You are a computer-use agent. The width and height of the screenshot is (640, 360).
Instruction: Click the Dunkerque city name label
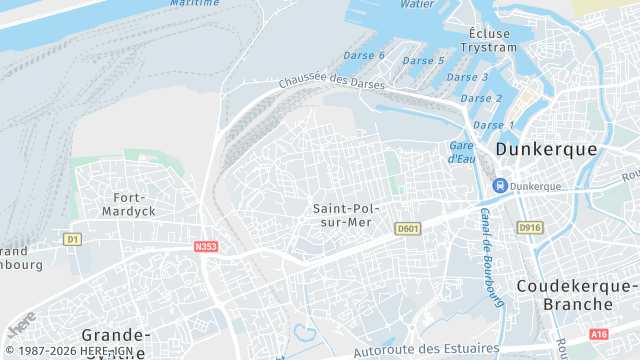click(x=546, y=149)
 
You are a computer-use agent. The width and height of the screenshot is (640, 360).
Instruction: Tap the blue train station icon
click(x=499, y=185)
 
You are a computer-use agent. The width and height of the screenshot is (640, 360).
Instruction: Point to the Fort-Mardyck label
click(x=128, y=204)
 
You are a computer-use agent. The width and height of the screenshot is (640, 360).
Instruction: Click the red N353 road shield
click(x=206, y=245)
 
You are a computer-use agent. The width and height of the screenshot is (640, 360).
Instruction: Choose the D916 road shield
click(x=529, y=228)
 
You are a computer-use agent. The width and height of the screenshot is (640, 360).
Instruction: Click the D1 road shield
click(x=71, y=239)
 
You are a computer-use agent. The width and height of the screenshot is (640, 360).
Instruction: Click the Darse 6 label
click(x=365, y=56)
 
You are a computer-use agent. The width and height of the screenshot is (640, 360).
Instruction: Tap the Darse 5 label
click(x=423, y=61)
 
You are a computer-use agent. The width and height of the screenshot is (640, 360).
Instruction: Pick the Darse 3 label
click(x=467, y=77)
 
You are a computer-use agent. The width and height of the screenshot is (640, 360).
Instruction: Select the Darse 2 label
click(x=481, y=98)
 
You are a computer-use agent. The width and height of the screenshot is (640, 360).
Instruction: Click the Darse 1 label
click(x=492, y=125)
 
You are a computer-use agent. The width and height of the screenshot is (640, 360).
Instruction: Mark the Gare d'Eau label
click(x=461, y=152)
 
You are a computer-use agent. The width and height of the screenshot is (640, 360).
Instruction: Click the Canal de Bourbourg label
click(x=489, y=251)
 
